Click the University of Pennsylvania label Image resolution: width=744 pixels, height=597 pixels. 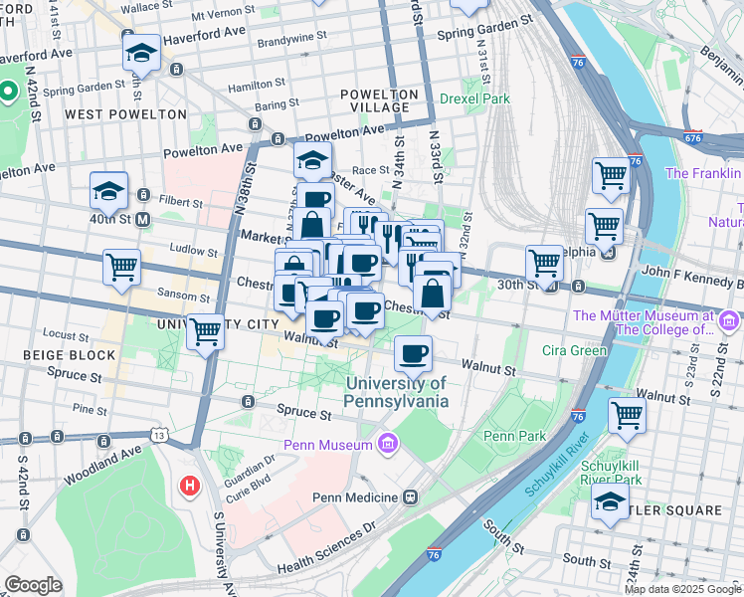coord(396,392)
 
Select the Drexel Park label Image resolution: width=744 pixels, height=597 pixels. coord(475,99)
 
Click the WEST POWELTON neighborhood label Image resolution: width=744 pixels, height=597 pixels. coord(125,114)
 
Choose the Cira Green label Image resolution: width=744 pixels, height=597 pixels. coord(574,350)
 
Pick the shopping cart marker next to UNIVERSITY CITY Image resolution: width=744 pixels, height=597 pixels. coord(206,332)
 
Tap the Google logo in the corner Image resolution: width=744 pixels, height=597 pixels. coord(34,585)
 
